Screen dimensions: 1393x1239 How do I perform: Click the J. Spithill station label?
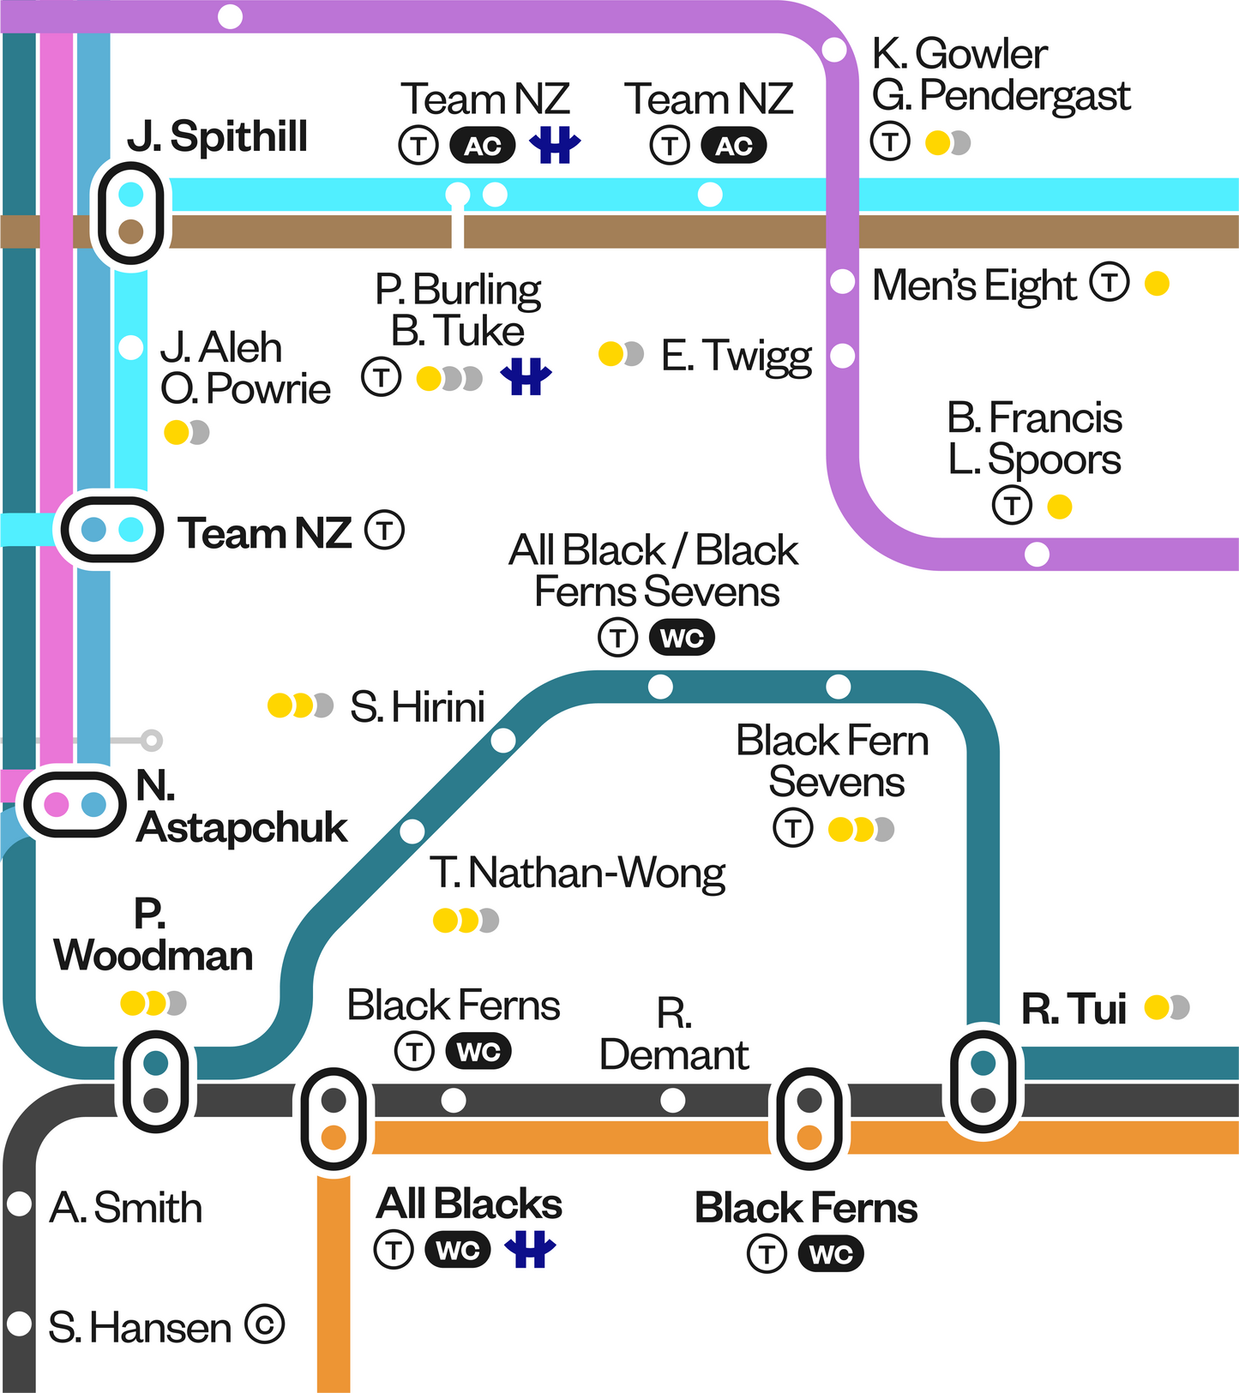217,137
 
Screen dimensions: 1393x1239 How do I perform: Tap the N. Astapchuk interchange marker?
75,804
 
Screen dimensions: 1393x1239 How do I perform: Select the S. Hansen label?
140,1327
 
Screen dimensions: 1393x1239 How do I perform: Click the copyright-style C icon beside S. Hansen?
264,1324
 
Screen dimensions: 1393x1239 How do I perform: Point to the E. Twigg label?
736,356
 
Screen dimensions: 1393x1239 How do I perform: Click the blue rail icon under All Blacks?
530,1250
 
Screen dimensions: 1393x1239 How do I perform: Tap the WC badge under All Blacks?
458,1250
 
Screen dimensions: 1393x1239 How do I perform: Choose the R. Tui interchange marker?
983,1081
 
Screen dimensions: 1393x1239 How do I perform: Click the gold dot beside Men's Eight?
1157,283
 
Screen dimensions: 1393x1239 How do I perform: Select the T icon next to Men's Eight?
1110,282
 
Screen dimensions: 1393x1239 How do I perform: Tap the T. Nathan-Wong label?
577,873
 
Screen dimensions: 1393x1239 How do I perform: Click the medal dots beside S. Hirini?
300,706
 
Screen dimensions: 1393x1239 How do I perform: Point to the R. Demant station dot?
673,1100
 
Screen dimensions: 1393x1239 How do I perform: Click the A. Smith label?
126,1207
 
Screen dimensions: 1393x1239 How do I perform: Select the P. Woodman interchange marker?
155,1081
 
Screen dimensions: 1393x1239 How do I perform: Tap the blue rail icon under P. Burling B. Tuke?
526,376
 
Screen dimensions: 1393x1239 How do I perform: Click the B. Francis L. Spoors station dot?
1037,555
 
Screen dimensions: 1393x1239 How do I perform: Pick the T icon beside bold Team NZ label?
384,531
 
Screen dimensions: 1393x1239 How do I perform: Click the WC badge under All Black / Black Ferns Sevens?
682,638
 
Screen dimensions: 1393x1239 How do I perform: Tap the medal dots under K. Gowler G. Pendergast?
947,142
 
